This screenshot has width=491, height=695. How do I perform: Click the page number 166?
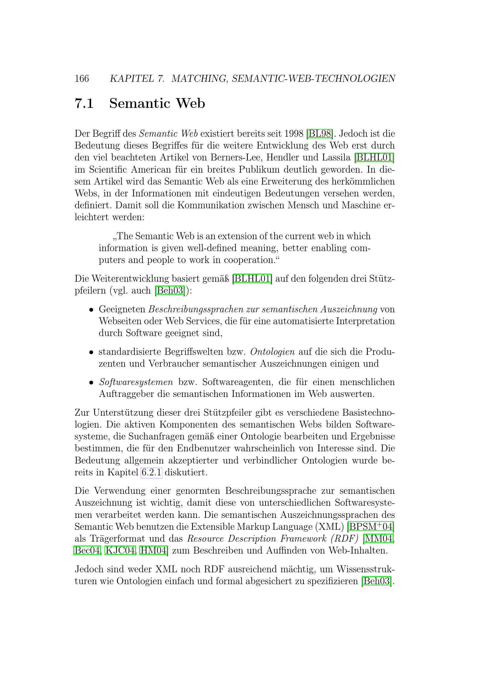point(82,79)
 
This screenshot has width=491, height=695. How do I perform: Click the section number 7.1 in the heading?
point(84,103)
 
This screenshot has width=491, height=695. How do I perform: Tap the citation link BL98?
point(320,133)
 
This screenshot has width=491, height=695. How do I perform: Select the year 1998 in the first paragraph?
point(294,133)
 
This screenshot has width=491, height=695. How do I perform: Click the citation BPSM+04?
point(371,527)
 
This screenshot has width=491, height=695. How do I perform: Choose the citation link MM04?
point(379,539)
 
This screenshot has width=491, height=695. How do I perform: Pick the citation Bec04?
point(87,551)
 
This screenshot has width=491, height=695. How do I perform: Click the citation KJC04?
point(120,551)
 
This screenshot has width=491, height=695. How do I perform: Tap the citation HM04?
point(153,551)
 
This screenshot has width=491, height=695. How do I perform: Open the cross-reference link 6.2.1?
point(151,472)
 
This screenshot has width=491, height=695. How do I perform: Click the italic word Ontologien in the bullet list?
point(273,352)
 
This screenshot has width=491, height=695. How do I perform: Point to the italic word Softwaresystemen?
point(136,382)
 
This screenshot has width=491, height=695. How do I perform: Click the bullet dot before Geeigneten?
point(91,310)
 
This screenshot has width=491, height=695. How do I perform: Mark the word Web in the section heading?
point(191,103)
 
